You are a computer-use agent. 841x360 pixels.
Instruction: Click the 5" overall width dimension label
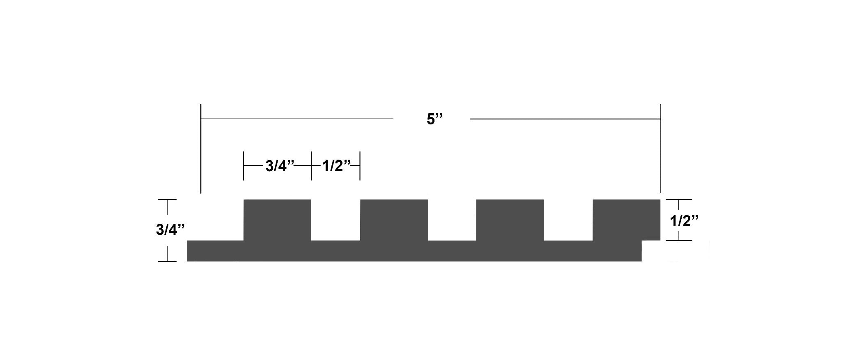[x=435, y=119]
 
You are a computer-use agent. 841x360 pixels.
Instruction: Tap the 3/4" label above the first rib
[x=280, y=166]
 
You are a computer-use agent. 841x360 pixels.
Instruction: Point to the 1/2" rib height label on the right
[x=684, y=221]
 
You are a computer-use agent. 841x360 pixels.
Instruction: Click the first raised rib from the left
[x=278, y=220]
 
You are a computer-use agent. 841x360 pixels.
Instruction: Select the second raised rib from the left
[x=394, y=220]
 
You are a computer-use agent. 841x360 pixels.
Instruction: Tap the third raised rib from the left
[x=510, y=220]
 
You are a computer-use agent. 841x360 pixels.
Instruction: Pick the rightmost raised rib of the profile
[x=626, y=220]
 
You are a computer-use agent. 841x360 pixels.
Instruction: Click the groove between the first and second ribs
[x=335, y=220]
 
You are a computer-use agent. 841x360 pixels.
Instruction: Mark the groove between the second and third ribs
[x=452, y=220]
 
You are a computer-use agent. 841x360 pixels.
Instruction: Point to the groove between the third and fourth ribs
[x=568, y=220]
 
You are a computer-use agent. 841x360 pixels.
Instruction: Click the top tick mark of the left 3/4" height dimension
[x=167, y=200]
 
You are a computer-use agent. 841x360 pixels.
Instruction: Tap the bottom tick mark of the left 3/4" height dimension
[x=167, y=261]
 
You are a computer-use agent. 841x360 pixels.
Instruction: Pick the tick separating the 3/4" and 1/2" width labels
[x=311, y=166]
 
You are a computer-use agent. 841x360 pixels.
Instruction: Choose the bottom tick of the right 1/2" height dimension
[x=679, y=241]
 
